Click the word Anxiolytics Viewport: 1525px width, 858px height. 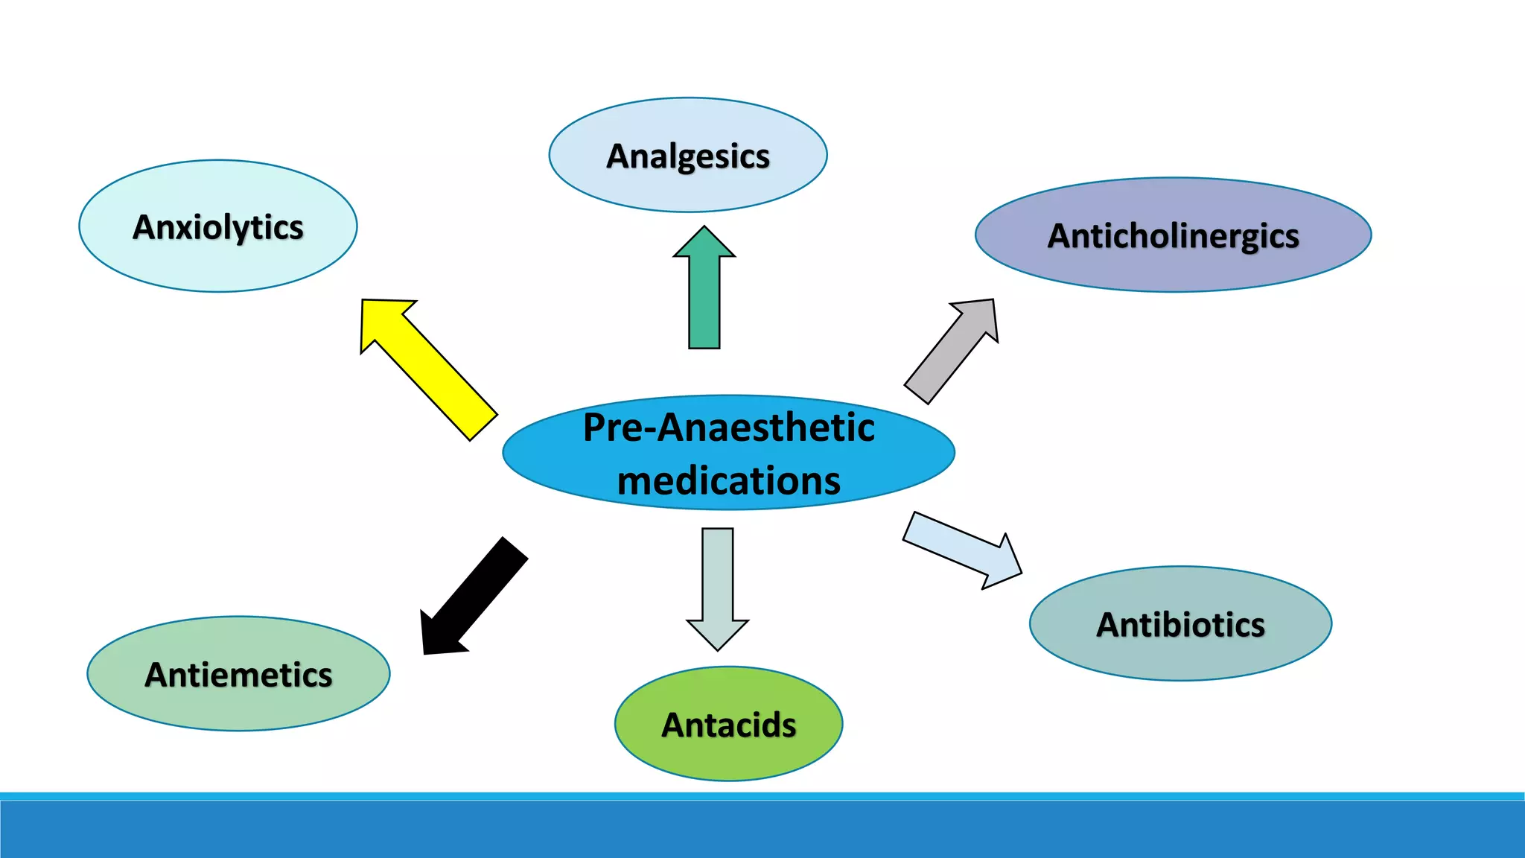tap(218, 227)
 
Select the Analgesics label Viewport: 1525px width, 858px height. tap(688, 156)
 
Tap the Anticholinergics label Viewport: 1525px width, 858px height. tap(1173, 236)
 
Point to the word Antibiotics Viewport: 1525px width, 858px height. tap(1180, 624)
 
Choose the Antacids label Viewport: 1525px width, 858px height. tap(729, 725)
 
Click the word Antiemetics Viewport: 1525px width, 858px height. tap(238, 675)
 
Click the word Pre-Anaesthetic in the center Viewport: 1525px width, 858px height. tap(728, 428)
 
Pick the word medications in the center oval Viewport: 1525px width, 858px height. tap(728, 480)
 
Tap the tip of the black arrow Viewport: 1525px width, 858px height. tap(425, 652)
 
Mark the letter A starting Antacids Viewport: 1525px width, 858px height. tap(673, 725)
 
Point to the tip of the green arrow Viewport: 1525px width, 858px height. tap(704, 228)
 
